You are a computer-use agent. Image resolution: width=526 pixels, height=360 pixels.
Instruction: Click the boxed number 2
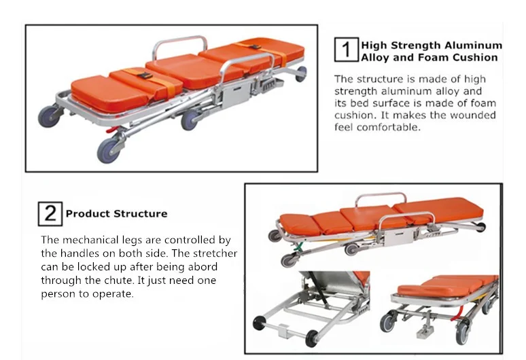[x=50, y=213]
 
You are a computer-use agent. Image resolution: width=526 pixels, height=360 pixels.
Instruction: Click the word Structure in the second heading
[x=140, y=213]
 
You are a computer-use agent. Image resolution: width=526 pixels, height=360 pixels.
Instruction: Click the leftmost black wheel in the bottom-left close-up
[x=259, y=324]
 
